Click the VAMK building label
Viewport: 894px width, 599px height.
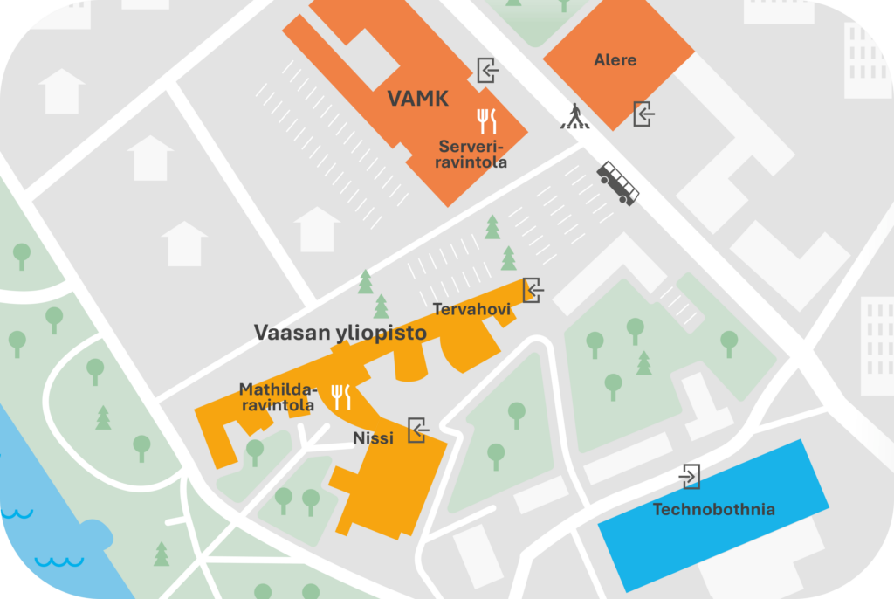(x=418, y=99)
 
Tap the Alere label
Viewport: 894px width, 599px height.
(x=615, y=60)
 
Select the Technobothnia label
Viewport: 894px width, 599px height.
(x=713, y=509)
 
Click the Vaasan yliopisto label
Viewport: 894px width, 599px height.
(x=340, y=333)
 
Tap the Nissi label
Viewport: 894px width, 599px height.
(x=373, y=438)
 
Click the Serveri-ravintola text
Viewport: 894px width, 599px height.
(x=472, y=154)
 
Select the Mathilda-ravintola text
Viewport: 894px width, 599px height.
(x=277, y=397)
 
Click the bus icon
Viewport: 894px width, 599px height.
(x=617, y=183)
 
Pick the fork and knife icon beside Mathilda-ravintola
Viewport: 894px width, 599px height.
(x=340, y=397)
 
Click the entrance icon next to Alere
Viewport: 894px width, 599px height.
(x=643, y=114)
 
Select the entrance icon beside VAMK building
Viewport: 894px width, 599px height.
(x=487, y=69)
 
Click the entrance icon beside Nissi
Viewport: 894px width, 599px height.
(x=418, y=430)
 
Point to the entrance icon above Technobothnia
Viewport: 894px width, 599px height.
(x=690, y=476)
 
